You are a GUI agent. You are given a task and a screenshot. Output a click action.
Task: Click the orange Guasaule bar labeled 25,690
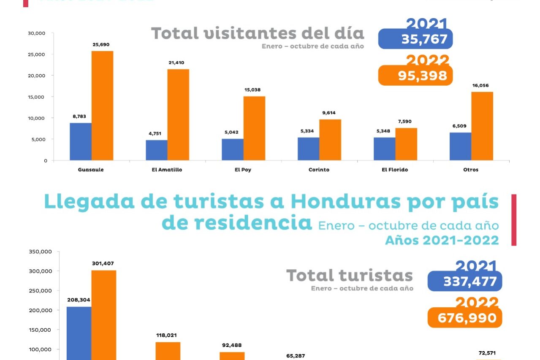[x=102, y=106]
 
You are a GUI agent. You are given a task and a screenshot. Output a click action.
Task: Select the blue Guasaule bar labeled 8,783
[x=81, y=141]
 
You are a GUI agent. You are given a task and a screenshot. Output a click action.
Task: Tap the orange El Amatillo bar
[x=178, y=115]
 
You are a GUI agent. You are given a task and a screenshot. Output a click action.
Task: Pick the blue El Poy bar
[x=233, y=149]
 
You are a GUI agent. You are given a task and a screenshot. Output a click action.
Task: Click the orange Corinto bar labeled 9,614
[x=330, y=140]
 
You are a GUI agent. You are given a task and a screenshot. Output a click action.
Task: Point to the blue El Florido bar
[x=384, y=149]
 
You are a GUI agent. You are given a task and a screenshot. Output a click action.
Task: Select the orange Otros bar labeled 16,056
[x=482, y=126]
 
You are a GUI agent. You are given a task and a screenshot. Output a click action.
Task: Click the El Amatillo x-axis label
[x=167, y=170]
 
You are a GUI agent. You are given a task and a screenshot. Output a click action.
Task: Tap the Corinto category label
[x=319, y=170]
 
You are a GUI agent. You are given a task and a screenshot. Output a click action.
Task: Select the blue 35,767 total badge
[x=415, y=39]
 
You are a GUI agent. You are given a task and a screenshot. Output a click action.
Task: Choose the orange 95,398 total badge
[x=415, y=76]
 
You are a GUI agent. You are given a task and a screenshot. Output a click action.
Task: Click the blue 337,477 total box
[x=464, y=281]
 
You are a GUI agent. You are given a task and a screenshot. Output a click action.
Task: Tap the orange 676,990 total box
[x=464, y=317]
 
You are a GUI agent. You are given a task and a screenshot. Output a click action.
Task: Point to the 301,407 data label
[x=103, y=263]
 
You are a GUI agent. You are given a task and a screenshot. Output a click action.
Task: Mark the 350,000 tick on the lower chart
[x=40, y=252]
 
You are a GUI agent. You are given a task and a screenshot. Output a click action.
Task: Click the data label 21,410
[x=178, y=62]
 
